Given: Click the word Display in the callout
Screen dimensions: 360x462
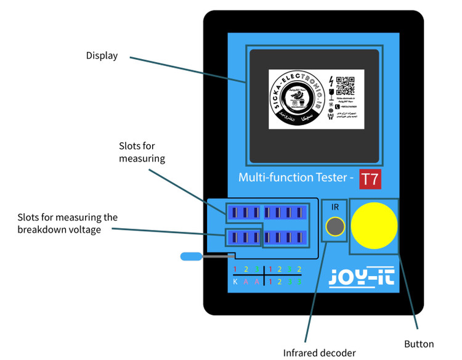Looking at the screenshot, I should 102,55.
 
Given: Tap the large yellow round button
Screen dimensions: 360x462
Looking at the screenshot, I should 374,225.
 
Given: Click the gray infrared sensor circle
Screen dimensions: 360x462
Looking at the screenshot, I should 334,227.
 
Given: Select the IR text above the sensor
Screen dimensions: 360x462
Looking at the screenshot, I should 335,208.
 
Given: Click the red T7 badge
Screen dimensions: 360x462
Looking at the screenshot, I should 370,179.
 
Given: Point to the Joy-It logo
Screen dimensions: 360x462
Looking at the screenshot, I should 362,277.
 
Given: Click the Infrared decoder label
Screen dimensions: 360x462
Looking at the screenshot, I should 319,353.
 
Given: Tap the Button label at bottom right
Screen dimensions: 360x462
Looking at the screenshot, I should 419,344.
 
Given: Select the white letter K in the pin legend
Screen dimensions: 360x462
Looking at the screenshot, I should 235,281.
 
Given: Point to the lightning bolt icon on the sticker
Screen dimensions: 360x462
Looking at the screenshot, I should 332,81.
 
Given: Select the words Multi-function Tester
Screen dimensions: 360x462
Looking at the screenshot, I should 292,178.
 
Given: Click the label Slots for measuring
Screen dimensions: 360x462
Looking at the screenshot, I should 142,152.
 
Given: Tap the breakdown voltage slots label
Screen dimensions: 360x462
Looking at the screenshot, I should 67,223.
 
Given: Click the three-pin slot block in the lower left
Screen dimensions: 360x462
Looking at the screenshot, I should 243,237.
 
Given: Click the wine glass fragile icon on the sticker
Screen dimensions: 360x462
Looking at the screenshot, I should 332,94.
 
